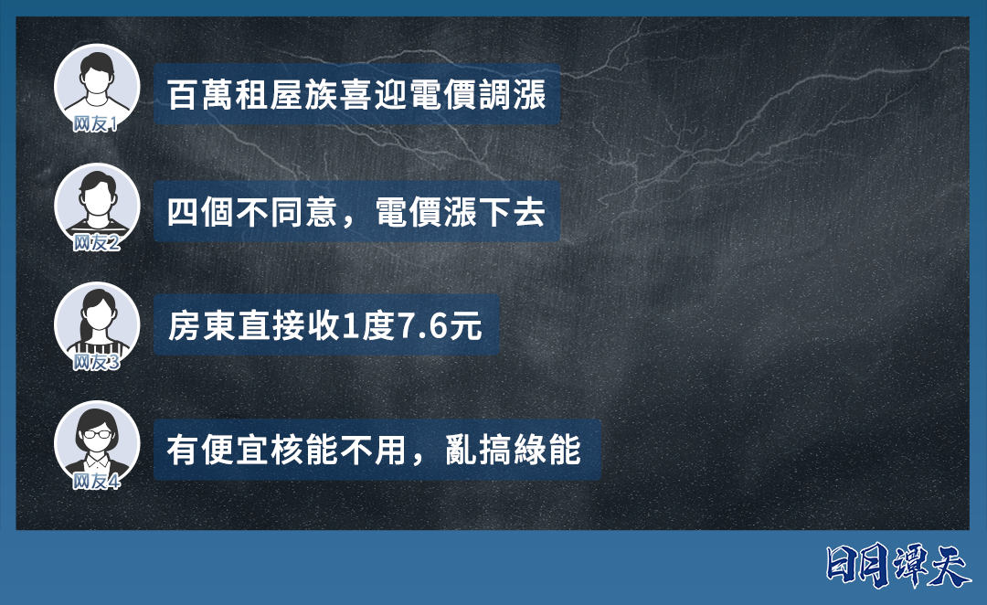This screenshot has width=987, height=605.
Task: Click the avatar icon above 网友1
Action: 96,85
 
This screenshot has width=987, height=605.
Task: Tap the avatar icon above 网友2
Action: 96,205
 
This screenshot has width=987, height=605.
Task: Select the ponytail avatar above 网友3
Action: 96,324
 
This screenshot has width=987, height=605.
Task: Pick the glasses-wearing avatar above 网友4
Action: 96,442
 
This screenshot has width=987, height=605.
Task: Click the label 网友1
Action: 96,124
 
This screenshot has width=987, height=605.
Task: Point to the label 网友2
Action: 96,243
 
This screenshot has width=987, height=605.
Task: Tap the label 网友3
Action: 96,362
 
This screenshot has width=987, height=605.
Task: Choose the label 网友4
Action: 96,482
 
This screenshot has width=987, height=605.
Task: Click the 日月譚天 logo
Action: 898,567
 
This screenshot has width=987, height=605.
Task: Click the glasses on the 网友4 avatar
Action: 96,434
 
